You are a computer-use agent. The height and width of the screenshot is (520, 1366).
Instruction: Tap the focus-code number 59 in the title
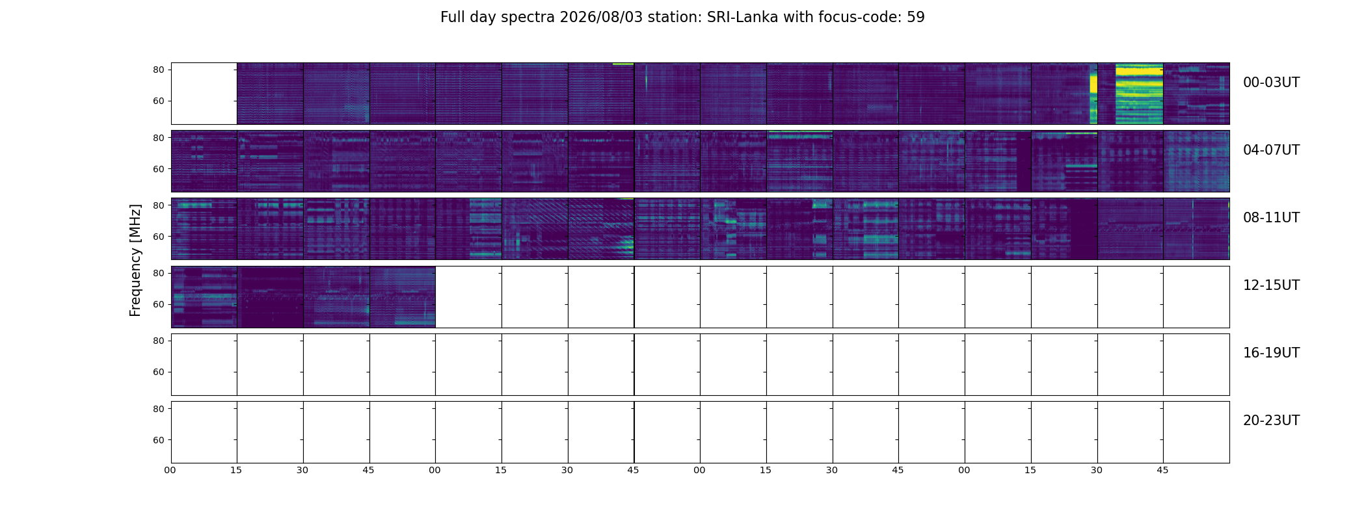[x=916, y=18]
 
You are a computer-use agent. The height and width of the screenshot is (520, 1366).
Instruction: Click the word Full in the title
[x=452, y=18]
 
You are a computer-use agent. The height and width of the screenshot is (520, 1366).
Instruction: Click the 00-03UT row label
[x=1271, y=83]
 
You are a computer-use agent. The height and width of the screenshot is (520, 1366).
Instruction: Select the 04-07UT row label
[x=1271, y=150]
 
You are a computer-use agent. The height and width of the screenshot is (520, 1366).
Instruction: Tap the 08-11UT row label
[x=1271, y=218]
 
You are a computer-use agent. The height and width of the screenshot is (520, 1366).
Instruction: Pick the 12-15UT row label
[x=1271, y=285]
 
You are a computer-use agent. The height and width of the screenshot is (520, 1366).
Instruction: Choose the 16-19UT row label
[x=1271, y=353]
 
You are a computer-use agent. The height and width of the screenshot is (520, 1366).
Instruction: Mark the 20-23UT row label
[x=1271, y=421]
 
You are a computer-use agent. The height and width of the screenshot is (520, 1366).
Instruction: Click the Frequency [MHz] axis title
[x=135, y=260]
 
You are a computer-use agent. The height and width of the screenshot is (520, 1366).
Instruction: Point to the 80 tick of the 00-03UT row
[x=158, y=70]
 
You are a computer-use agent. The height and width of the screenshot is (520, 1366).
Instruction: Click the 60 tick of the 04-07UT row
[x=158, y=169]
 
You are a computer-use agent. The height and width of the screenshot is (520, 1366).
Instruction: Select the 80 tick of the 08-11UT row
[x=158, y=205]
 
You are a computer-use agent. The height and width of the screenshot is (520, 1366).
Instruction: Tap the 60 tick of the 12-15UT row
[x=158, y=304]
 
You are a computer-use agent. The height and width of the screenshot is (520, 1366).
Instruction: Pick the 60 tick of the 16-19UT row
[x=158, y=372]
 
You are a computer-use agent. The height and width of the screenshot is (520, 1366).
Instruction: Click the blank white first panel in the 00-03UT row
[x=204, y=94]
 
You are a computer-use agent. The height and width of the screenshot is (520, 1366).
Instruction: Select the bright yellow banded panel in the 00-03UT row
[x=1131, y=94]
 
